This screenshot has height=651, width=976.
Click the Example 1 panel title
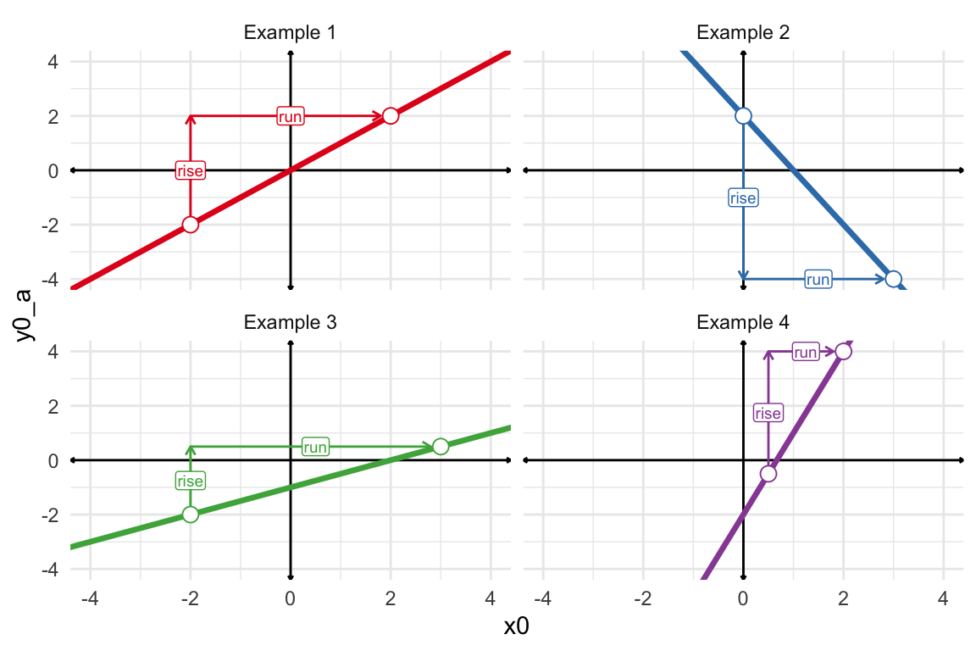click(290, 33)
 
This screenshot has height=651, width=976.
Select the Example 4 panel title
click(742, 322)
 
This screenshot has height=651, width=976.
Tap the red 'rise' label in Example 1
click(191, 170)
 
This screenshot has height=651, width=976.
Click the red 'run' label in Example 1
click(291, 116)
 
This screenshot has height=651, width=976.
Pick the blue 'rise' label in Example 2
click(743, 198)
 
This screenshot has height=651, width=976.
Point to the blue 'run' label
click(818, 279)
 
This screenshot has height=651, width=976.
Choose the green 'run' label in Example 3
click(315, 447)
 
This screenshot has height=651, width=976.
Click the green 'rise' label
click(191, 481)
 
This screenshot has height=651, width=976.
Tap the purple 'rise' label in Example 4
click(768, 413)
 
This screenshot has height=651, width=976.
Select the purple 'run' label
click(806, 352)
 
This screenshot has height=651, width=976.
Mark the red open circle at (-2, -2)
click(191, 225)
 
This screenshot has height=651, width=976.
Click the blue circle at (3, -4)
click(893, 279)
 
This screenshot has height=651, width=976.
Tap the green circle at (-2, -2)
click(191, 515)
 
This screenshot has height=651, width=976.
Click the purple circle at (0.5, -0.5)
click(768, 474)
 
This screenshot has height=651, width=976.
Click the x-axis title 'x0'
click(517, 627)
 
